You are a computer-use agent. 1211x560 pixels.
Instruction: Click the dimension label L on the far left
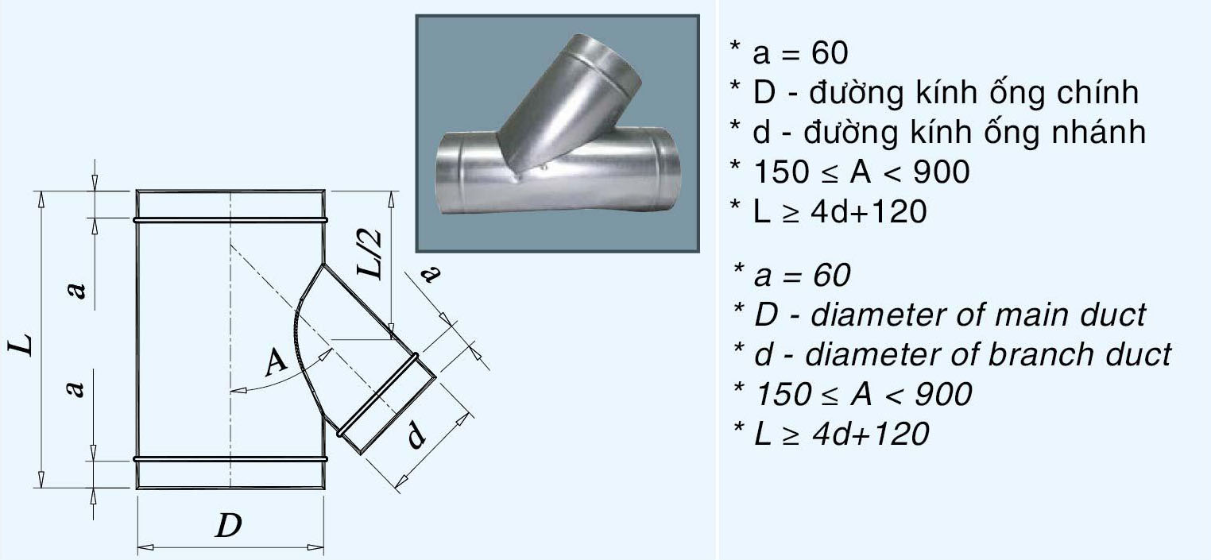click(25, 343)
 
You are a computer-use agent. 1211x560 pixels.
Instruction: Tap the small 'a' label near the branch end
click(430, 274)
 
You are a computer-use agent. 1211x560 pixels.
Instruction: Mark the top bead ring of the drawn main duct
click(230, 218)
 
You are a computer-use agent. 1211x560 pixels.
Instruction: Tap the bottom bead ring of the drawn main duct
click(230, 459)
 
